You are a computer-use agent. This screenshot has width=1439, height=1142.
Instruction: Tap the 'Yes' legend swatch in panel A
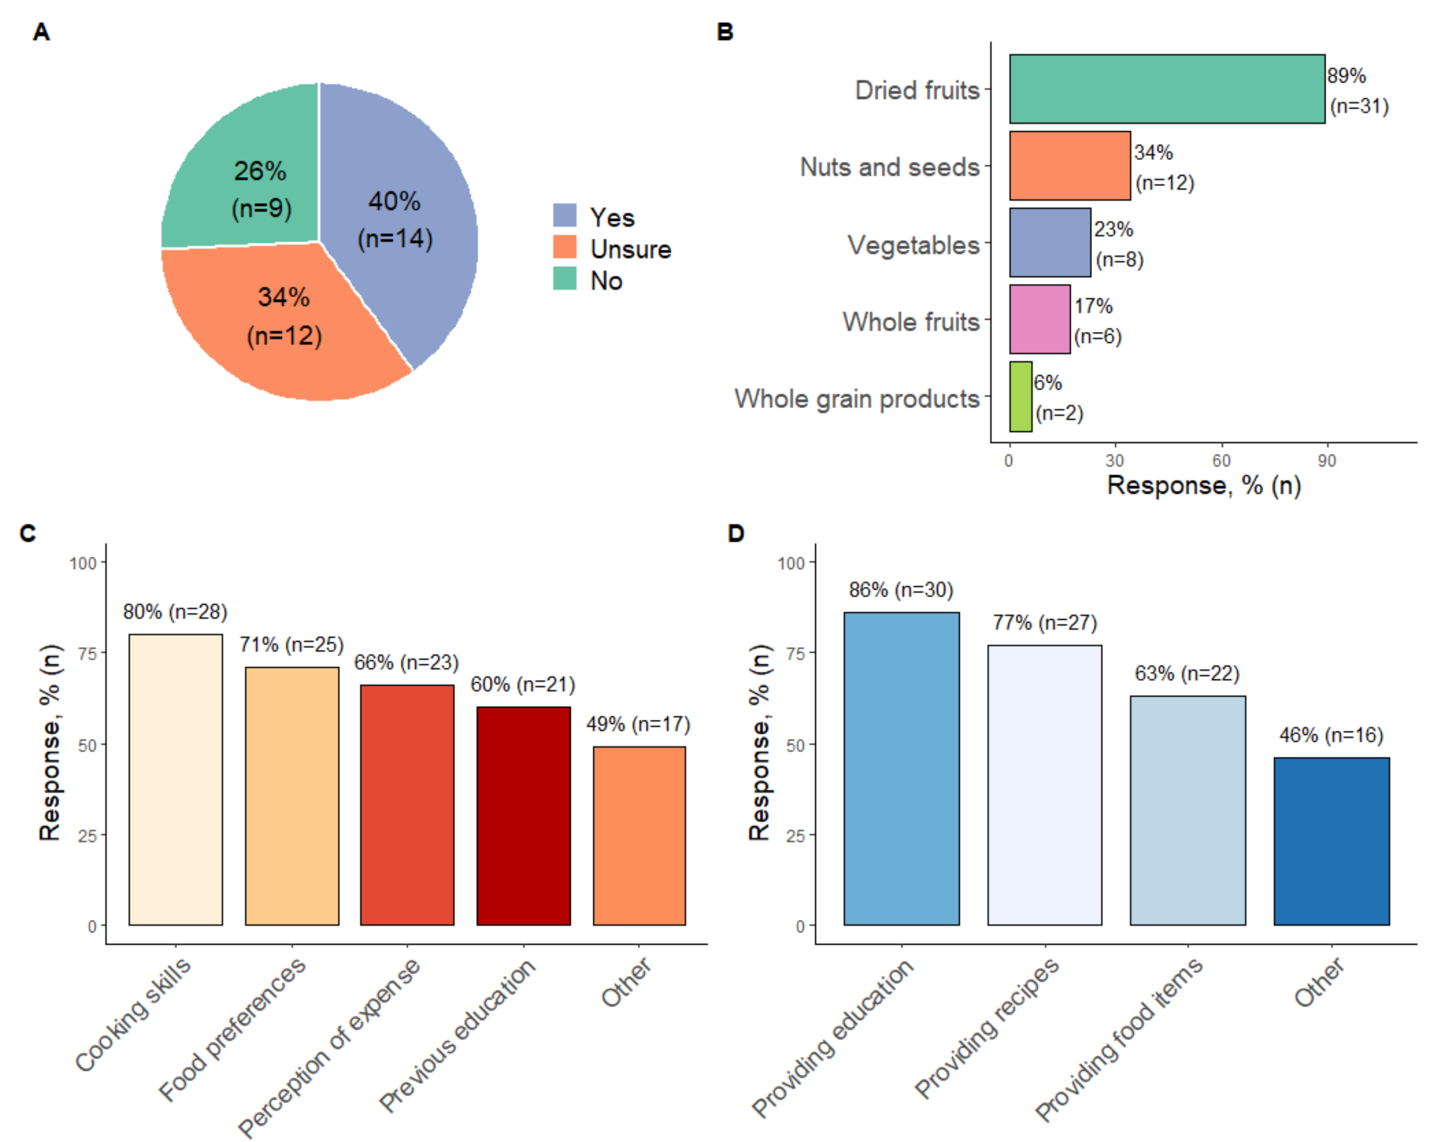(564, 215)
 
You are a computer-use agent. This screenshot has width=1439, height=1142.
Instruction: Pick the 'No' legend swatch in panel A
(564, 279)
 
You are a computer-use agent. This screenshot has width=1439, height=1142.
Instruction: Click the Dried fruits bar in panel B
(1166, 89)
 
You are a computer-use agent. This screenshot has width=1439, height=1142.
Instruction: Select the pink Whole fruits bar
(1039, 319)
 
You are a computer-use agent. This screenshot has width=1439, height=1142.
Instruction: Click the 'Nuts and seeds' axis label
(889, 167)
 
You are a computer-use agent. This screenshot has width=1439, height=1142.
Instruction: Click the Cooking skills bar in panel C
(175, 779)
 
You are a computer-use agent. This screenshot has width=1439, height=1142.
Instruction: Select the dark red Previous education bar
(523, 815)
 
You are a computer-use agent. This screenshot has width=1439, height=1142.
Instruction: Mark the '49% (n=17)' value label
(638, 724)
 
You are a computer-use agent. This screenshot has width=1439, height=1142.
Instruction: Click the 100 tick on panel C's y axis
(83, 563)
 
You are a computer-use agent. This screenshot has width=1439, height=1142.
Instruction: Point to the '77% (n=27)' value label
(1045, 622)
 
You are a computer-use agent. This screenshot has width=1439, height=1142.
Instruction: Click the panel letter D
(736, 534)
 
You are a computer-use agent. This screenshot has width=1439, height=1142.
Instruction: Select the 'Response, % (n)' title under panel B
(1203, 485)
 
